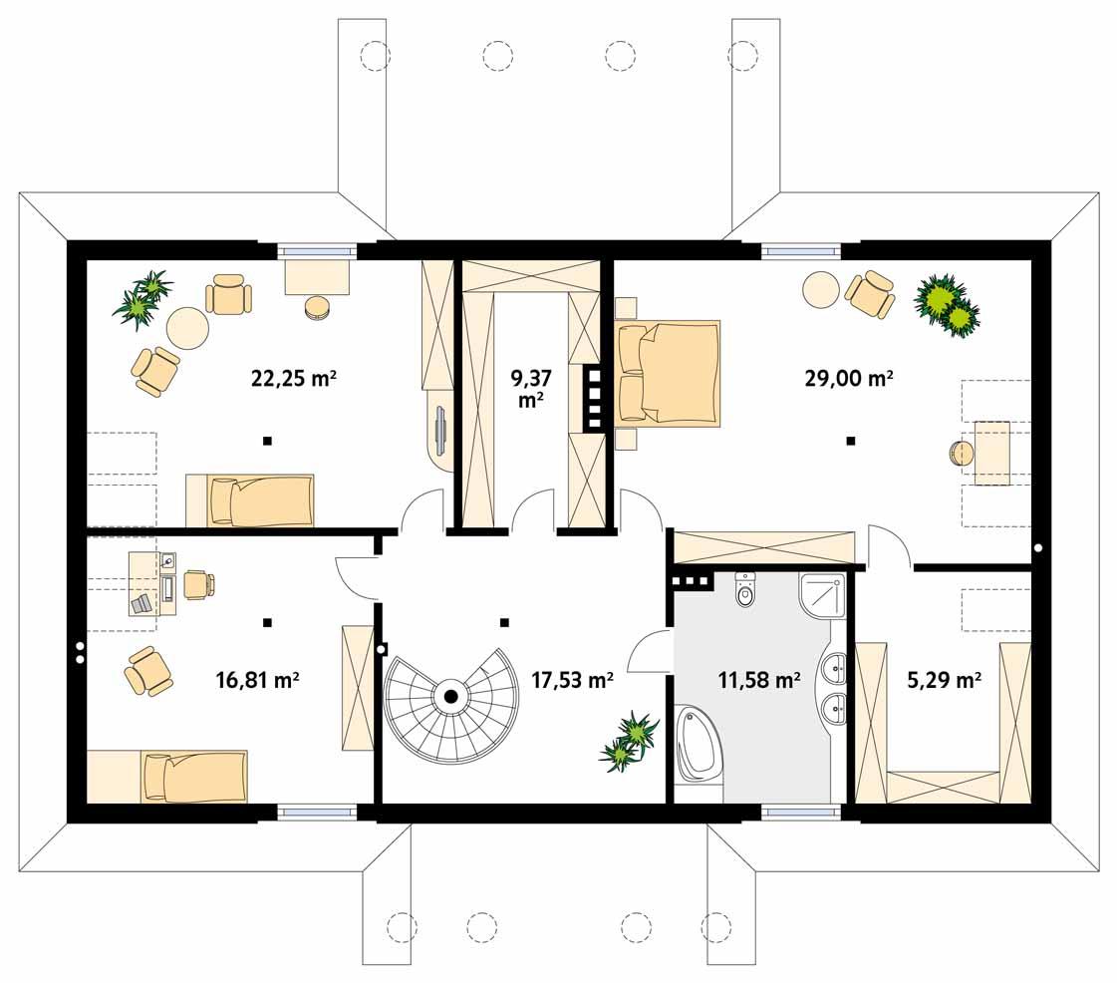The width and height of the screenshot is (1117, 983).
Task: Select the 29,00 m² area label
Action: pos(848,378)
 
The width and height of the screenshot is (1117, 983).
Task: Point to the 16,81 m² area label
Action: pos(258,680)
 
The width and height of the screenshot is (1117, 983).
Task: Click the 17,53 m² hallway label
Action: pos(571,680)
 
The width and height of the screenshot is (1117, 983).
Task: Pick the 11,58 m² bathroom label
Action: pos(759,680)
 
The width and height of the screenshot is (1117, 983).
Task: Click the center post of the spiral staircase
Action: pos(450,697)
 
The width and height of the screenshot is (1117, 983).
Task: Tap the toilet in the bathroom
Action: pos(745,590)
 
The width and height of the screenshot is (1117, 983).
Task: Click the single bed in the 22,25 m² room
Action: pos(251,499)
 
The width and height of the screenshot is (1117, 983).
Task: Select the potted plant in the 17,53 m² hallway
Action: pos(629,742)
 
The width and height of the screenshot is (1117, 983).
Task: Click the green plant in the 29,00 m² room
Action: pos(947,303)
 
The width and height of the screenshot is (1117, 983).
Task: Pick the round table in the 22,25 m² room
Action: pos(186,326)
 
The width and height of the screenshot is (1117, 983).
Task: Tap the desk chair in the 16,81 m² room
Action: pos(196,584)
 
